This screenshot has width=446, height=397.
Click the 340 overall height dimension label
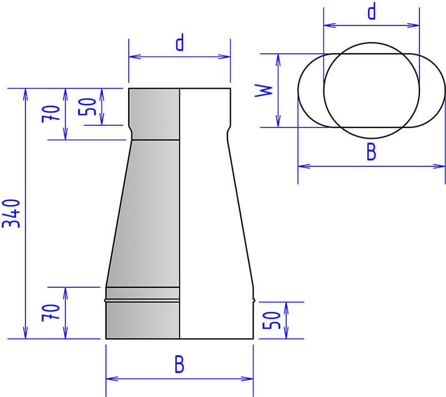(x=11, y=213)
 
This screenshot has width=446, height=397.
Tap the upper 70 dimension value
(x=51, y=114)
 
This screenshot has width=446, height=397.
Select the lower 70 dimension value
(x=51, y=313)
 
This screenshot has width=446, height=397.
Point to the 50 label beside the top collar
(x=87, y=106)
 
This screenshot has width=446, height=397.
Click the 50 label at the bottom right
(x=271, y=320)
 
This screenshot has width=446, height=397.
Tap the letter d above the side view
(x=180, y=43)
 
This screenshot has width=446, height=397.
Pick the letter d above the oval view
(x=372, y=12)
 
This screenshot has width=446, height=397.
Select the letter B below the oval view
(x=371, y=151)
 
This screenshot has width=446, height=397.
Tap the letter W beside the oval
(x=263, y=90)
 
